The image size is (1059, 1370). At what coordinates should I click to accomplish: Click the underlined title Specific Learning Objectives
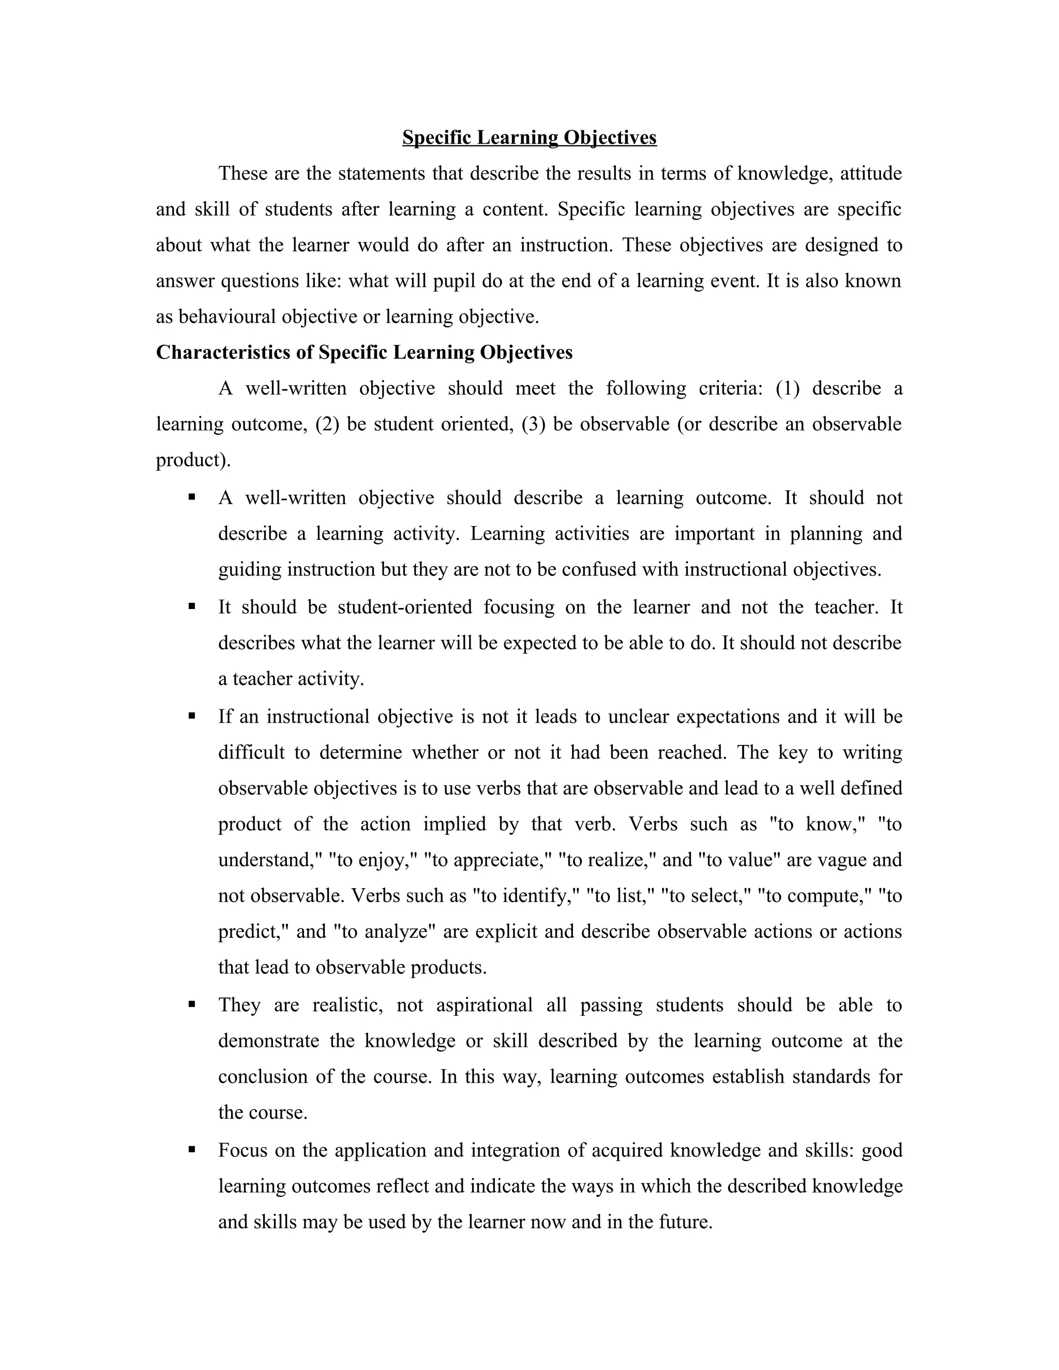(x=529, y=138)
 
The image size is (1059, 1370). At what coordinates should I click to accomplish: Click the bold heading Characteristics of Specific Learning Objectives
(x=364, y=353)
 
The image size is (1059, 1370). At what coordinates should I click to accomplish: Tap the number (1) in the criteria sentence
(x=788, y=389)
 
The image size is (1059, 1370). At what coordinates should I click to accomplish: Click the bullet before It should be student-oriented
(x=192, y=606)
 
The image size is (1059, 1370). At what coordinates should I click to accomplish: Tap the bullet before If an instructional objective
(x=192, y=716)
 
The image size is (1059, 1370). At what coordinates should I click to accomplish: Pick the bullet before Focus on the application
(x=192, y=1150)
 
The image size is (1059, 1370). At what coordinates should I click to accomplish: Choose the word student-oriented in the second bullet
(x=405, y=607)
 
